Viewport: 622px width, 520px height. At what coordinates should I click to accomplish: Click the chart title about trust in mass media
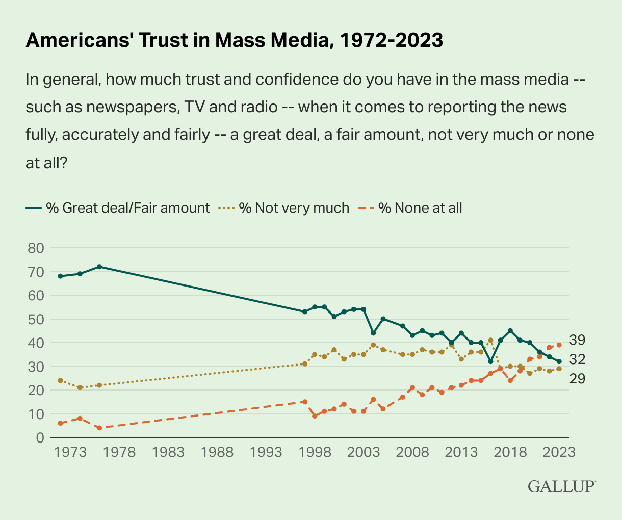[x=234, y=40]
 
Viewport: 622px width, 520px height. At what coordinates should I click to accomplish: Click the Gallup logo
[x=561, y=486]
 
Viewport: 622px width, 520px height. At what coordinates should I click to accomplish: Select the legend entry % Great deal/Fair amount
[x=118, y=208]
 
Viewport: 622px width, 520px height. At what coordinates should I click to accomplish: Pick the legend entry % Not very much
[x=284, y=208]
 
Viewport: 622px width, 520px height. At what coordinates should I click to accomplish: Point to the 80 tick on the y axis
[x=36, y=248]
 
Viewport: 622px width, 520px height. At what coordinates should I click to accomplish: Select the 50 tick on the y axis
[x=36, y=320]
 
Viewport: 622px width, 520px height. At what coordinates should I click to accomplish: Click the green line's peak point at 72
[x=99, y=267]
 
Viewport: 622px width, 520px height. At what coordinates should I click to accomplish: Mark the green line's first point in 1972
[x=60, y=276]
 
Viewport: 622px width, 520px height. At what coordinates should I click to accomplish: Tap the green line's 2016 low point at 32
[x=490, y=361]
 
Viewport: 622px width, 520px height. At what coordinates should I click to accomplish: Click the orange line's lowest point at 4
[x=99, y=428]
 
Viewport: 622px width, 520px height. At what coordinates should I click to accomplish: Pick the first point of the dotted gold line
[x=60, y=380]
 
